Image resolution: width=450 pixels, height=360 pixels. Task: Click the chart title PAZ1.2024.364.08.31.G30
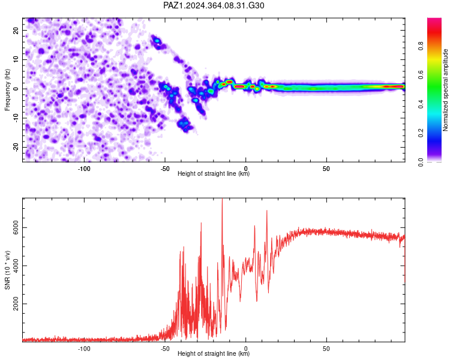214,5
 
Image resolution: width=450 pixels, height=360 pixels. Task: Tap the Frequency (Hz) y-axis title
7,90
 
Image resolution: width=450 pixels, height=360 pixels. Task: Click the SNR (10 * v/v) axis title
7,270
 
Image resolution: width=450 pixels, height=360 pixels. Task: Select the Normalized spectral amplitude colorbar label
445,90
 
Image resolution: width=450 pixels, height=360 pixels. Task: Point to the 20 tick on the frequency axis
16,31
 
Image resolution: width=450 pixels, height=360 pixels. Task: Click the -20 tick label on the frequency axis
16,147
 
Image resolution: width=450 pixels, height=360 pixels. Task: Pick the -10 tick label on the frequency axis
16,118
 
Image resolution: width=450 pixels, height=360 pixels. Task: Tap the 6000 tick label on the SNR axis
16,227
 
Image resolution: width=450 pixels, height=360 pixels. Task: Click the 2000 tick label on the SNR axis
16,304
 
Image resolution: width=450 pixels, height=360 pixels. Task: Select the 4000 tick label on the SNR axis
16,266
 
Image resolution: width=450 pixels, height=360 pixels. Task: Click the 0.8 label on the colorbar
421,46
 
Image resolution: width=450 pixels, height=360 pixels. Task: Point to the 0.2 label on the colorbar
421,133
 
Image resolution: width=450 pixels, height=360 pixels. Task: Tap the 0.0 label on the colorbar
421,162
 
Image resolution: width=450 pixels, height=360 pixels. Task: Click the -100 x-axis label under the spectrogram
84,169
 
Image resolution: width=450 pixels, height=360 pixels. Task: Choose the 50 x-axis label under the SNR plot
326,349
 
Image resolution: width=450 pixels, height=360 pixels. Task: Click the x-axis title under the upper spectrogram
214,173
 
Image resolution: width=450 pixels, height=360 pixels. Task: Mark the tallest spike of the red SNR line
222,199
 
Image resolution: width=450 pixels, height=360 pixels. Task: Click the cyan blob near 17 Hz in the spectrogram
157,41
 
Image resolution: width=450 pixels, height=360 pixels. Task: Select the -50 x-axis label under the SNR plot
165,349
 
